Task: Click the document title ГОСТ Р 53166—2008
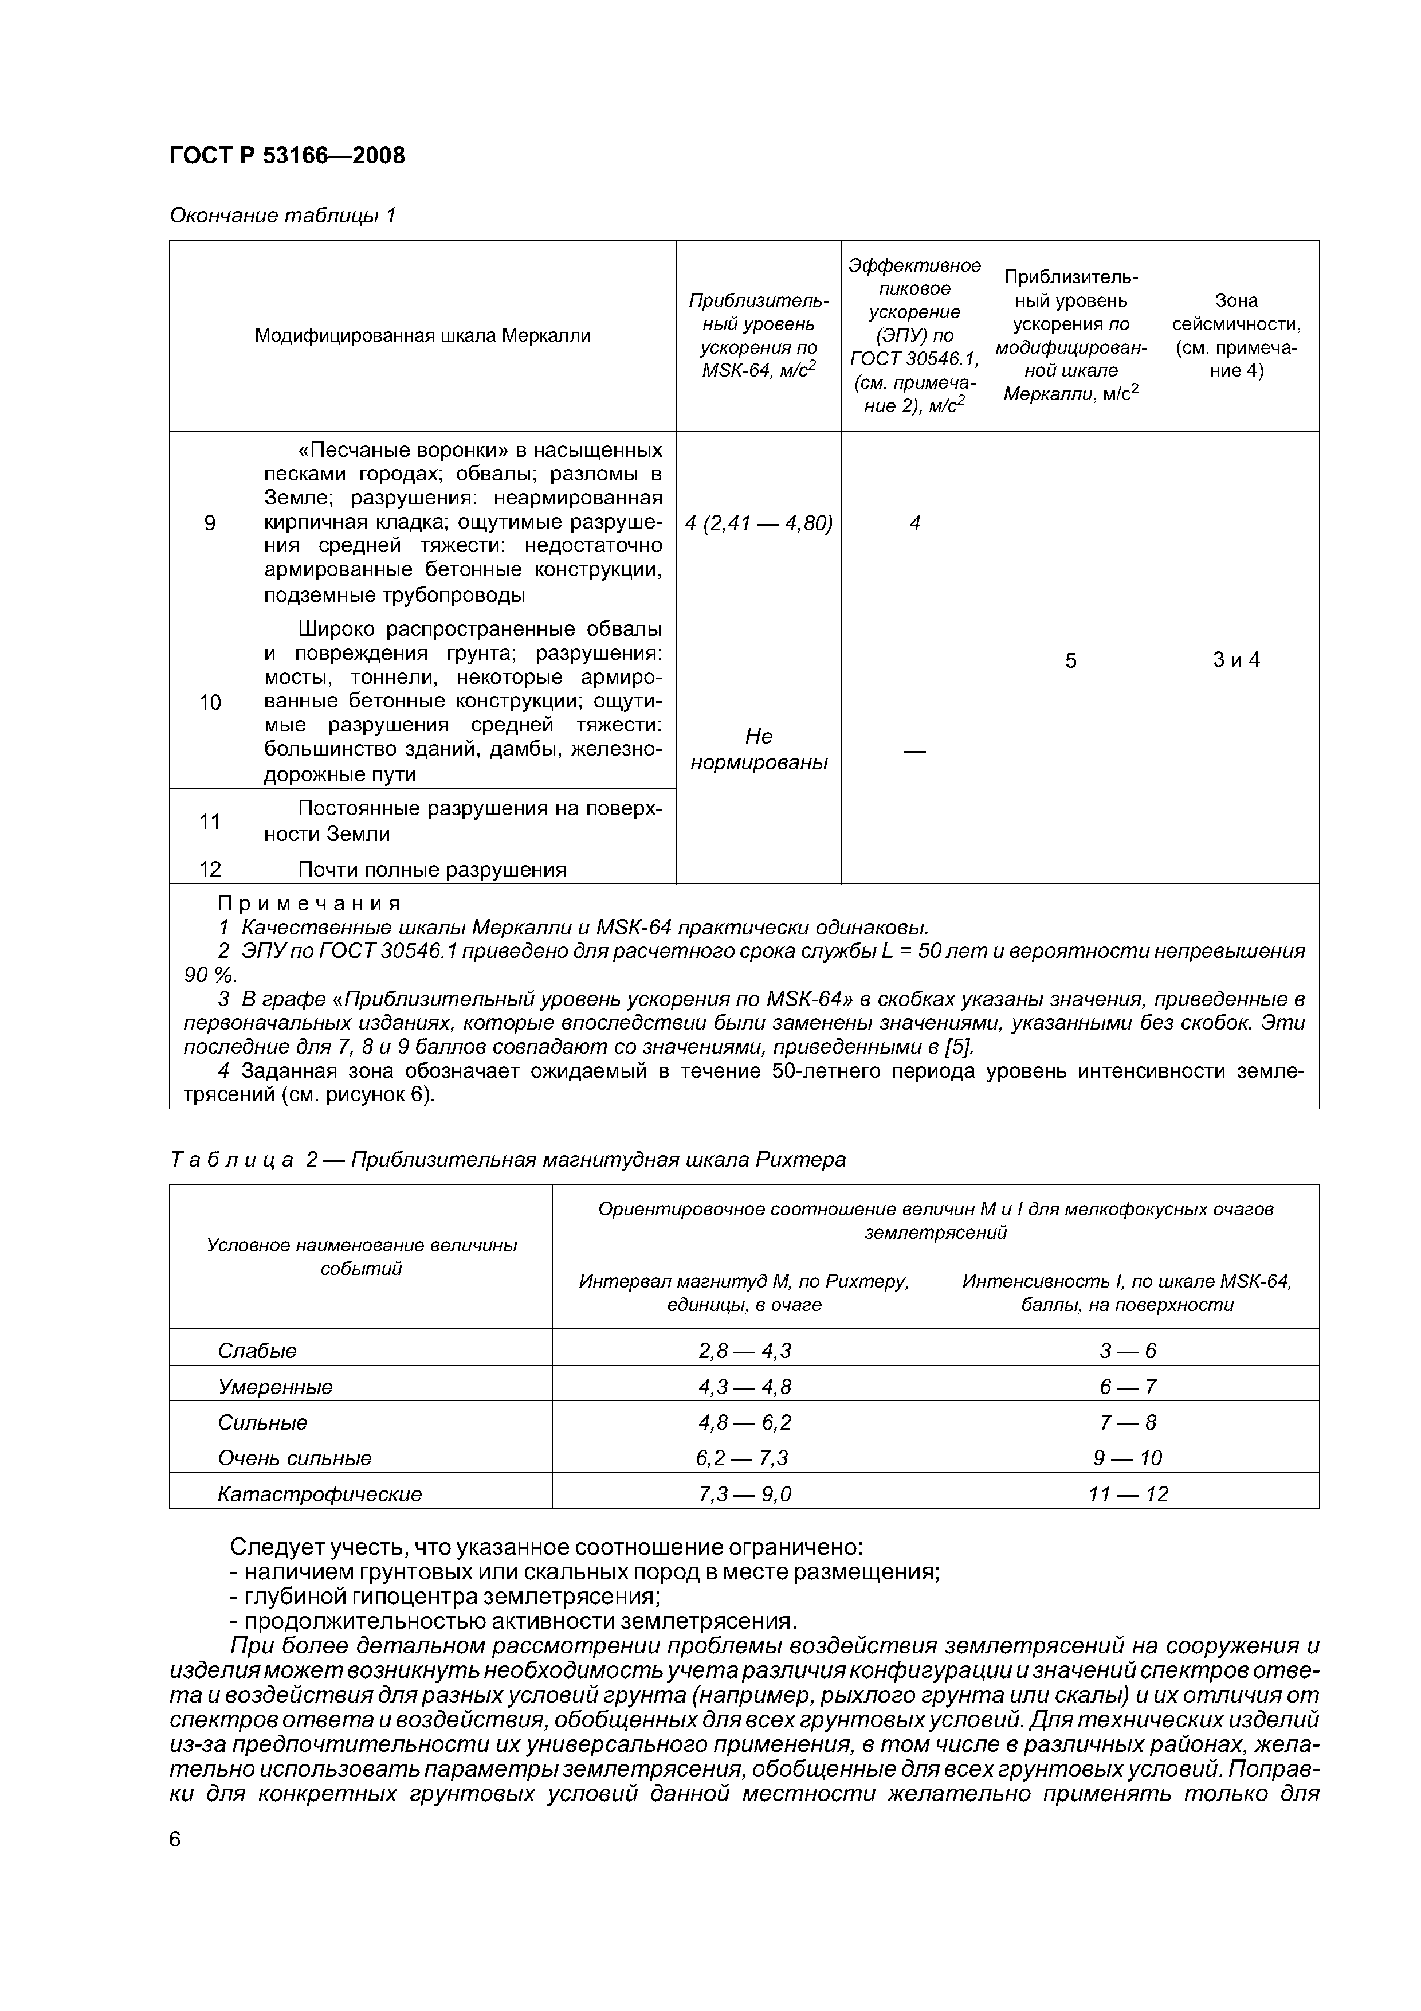286,156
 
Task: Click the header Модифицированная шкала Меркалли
422,335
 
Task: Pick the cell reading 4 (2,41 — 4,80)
758,523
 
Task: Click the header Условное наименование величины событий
361,1257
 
